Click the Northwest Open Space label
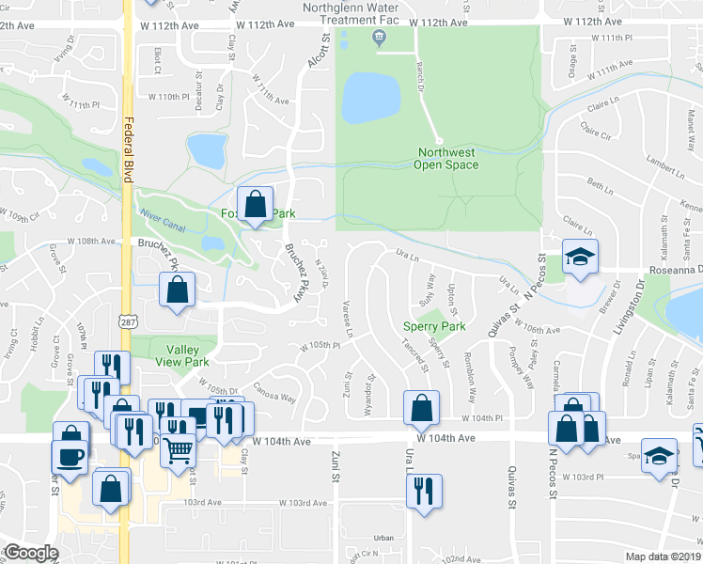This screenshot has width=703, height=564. tap(447, 158)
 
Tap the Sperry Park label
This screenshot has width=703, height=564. tap(434, 326)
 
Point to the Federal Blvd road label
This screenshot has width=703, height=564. tap(126, 151)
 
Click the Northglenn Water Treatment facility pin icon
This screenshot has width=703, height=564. tap(379, 38)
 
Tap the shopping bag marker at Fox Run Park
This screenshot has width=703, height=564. tap(255, 205)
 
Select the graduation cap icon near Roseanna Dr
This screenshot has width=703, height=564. tap(580, 257)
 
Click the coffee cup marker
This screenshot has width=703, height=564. tap(71, 455)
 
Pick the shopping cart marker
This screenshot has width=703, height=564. tap(178, 451)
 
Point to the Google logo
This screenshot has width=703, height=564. tap(31, 553)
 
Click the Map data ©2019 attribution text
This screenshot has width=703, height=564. tap(662, 556)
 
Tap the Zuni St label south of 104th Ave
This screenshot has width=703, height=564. tap(335, 465)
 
